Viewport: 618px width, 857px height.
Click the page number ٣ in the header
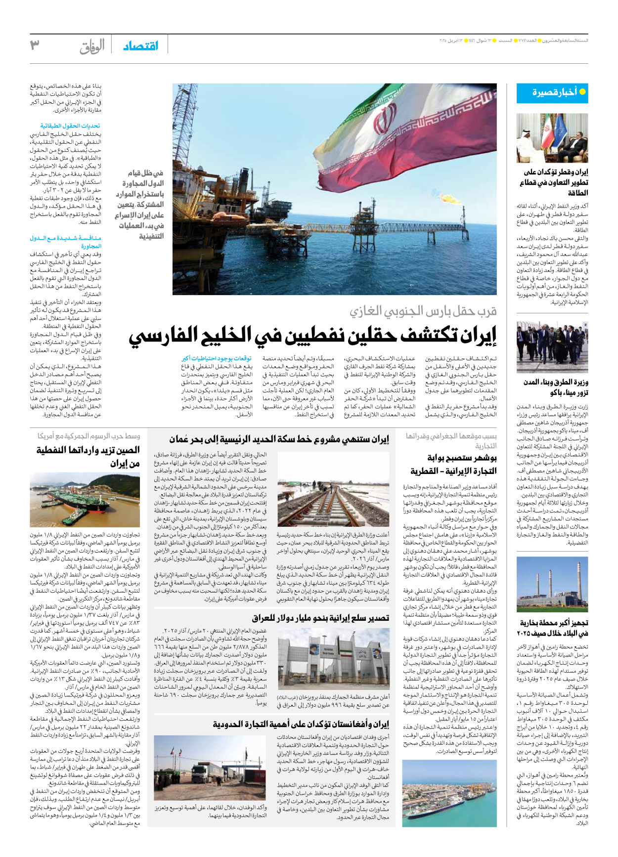pos(35,45)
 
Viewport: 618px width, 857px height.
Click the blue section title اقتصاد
pos(141,46)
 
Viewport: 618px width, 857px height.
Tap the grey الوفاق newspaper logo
pos(92,46)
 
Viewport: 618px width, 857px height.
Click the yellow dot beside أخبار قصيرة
pos(582,92)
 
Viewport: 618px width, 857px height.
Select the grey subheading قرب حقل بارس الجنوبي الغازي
pos(423,311)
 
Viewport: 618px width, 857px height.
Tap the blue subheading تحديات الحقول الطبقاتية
pos(70,126)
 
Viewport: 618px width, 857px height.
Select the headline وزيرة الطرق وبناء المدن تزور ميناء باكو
pos(556,387)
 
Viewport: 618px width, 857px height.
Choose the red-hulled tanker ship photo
pos(85,500)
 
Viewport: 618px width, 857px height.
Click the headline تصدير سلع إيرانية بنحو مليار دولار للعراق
pos(320,618)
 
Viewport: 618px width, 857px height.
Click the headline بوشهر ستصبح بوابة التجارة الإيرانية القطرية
pos(454,465)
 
